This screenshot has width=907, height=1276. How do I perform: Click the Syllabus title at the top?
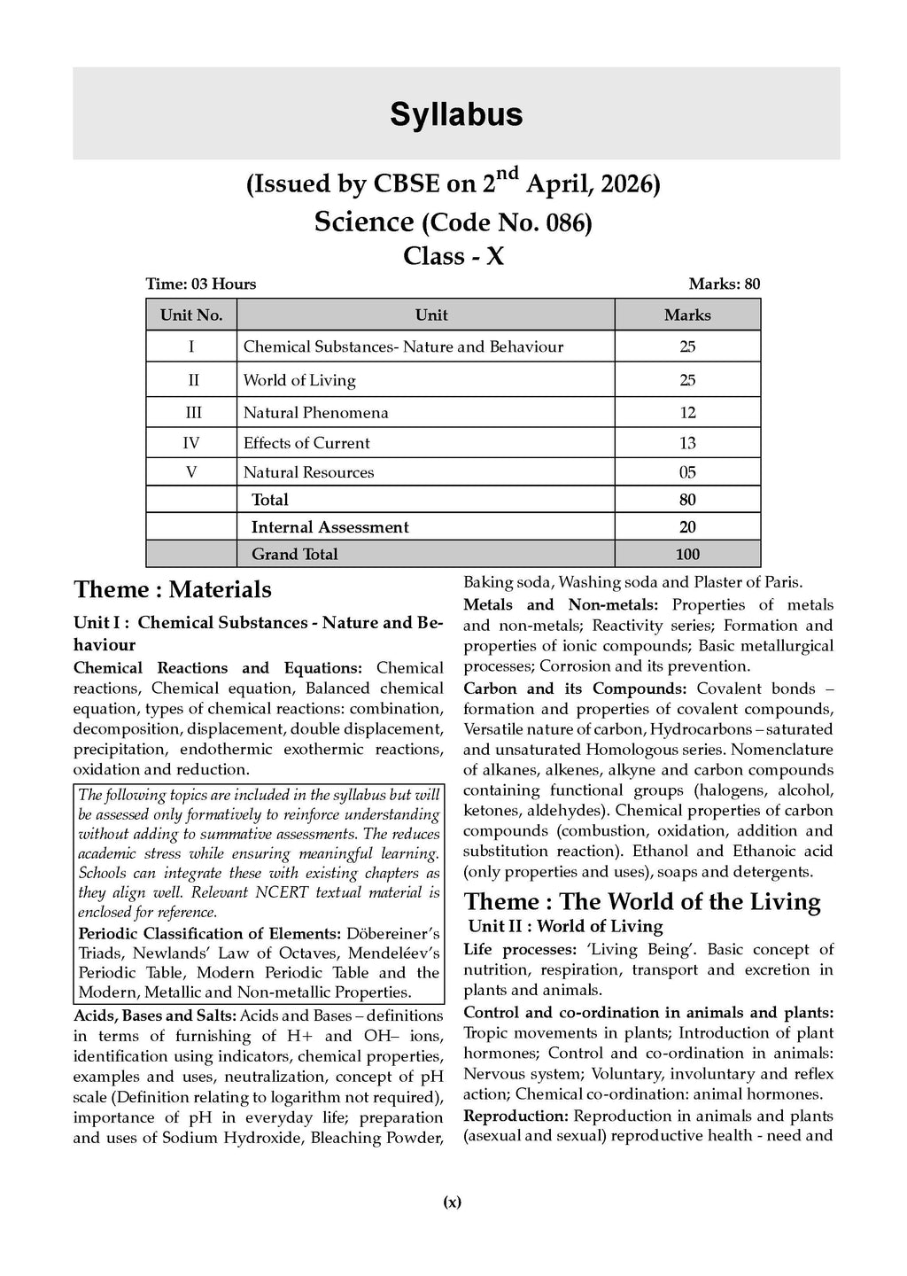point(456,115)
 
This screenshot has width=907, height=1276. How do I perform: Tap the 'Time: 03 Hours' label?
point(201,284)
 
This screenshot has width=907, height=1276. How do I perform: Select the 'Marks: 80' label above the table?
point(724,284)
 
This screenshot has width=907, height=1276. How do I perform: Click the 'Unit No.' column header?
point(191,315)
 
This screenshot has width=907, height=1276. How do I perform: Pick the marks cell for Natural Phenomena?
point(687,413)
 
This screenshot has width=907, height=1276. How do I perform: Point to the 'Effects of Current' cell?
point(306,443)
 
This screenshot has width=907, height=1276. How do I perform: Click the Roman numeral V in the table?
point(191,472)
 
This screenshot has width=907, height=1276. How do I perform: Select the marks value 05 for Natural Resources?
point(687,472)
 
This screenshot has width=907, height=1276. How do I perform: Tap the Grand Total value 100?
point(687,555)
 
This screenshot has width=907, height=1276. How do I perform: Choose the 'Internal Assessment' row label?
point(329,527)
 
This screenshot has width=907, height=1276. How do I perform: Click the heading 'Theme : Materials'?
point(173,590)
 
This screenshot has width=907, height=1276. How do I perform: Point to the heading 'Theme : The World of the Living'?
point(642,902)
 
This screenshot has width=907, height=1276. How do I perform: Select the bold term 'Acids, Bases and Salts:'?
point(155,1015)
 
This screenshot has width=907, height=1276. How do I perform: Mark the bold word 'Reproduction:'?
point(516,1116)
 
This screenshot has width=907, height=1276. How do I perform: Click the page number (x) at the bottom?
point(452,1202)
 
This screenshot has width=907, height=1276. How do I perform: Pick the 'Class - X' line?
point(453,256)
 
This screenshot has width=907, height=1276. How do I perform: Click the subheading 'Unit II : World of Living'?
point(565,927)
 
